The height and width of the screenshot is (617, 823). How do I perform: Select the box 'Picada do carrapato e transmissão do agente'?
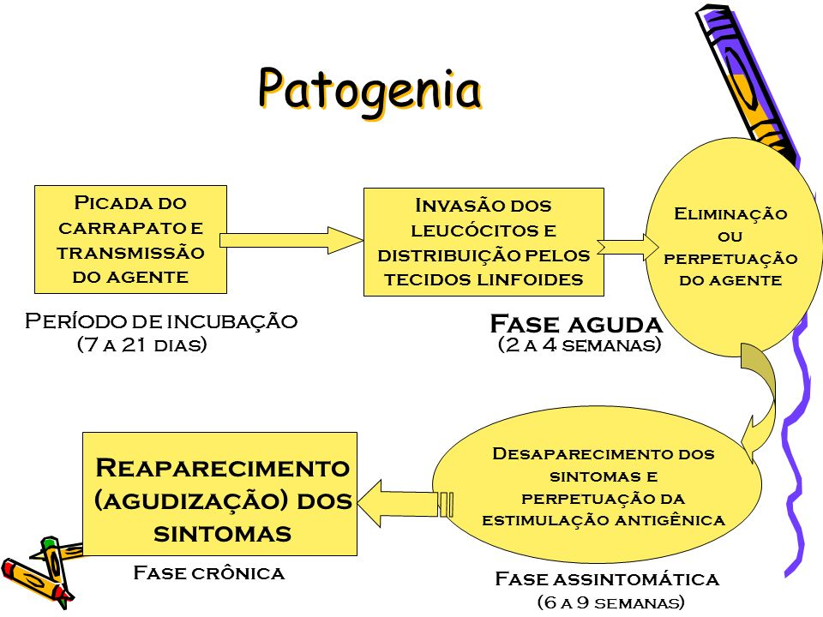[x=130, y=240]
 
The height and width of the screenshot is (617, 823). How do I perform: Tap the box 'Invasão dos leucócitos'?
[x=484, y=243]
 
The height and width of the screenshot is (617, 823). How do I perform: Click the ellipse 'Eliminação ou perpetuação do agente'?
[x=730, y=247]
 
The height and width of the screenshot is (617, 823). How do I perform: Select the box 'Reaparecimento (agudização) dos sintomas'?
[x=219, y=494]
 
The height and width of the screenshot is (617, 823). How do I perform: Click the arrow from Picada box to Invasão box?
[x=291, y=239]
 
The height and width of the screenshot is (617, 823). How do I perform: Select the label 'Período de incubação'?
[x=161, y=321]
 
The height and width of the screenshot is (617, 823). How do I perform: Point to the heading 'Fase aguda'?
[x=576, y=324]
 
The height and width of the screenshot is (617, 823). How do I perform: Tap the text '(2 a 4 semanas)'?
[x=580, y=344]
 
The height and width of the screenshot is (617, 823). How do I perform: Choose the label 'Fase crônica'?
[x=208, y=572]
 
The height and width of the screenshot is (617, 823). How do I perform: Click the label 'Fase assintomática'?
[x=607, y=579]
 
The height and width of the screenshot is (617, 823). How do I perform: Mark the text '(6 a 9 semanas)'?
[x=610, y=602]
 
